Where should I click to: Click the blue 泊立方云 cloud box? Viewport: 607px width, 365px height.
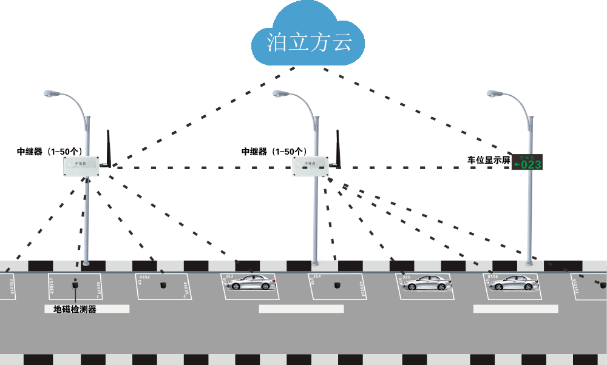click(x=308, y=33)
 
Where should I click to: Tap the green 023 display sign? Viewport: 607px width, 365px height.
click(x=526, y=162)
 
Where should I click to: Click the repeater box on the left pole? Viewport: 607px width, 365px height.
click(x=81, y=166)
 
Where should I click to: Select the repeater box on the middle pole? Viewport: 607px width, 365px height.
click(x=310, y=167)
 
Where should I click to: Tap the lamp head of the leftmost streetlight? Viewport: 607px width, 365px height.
click(x=50, y=94)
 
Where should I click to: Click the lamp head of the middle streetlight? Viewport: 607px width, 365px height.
click(x=279, y=94)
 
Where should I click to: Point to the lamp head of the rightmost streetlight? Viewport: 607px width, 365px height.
click(x=493, y=94)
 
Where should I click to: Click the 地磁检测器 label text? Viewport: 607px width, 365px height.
click(x=75, y=309)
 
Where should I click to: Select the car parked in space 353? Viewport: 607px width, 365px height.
click(x=250, y=283)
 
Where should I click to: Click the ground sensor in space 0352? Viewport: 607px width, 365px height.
click(x=163, y=284)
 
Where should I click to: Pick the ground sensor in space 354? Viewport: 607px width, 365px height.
click(x=337, y=284)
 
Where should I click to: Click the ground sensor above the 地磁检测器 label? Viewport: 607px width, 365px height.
click(x=75, y=284)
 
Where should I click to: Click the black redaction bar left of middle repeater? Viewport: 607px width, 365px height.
click(x=273, y=152)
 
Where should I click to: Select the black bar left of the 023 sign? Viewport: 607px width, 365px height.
click(x=489, y=160)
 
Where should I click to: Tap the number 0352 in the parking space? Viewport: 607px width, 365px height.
click(x=144, y=277)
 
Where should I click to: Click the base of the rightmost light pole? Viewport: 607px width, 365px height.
click(x=529, y=262)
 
